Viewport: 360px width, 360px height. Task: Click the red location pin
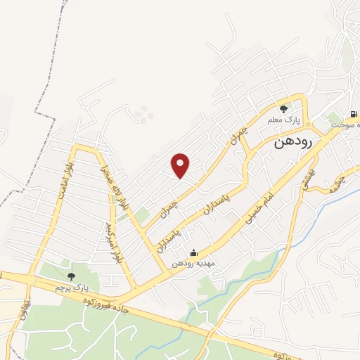pyautogui.click(x=181, y=166)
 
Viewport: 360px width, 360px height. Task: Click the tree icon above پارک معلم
pyautogui.click(x=284, y=109)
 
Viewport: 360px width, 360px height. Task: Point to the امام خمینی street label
pyautogui.click(x=257, y=208)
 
